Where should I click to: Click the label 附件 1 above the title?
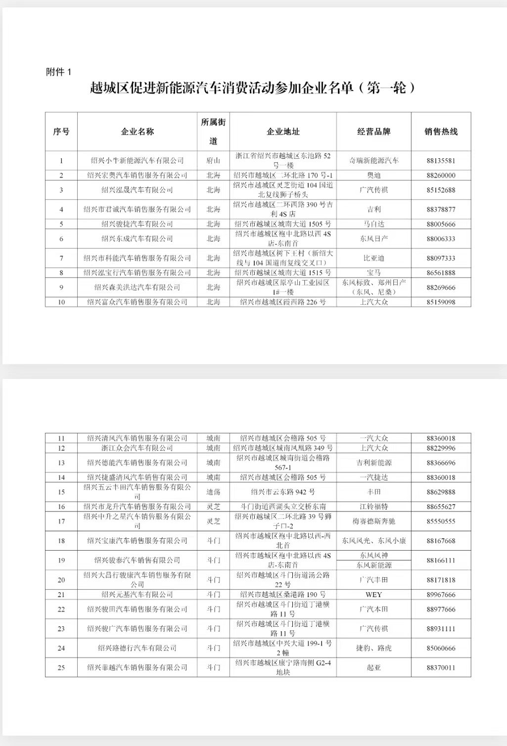point(59,72)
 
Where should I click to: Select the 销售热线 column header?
point(441,132)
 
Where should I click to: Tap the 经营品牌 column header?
point(373,132)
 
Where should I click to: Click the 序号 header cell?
point(61,132)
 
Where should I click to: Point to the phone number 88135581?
point(441,161)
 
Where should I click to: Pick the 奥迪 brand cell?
point(373,175)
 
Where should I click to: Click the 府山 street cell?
point(213,161)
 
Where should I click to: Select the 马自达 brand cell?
point(373,224)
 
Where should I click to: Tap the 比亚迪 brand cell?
point(373,258)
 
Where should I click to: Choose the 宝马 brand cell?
point(373,273)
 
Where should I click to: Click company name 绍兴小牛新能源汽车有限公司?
point(138,161)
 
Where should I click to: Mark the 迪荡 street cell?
point(213,492)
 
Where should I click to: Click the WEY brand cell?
point(373,595)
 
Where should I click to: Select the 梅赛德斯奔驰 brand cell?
point(373,521)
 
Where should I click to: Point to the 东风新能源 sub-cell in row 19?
point(373,565)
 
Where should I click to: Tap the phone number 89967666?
point(441,595)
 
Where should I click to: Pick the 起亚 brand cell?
point(373,667)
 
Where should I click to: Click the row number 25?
point(61,667)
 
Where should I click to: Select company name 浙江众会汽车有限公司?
point(138,448)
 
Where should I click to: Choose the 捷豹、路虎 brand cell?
point(373,648)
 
